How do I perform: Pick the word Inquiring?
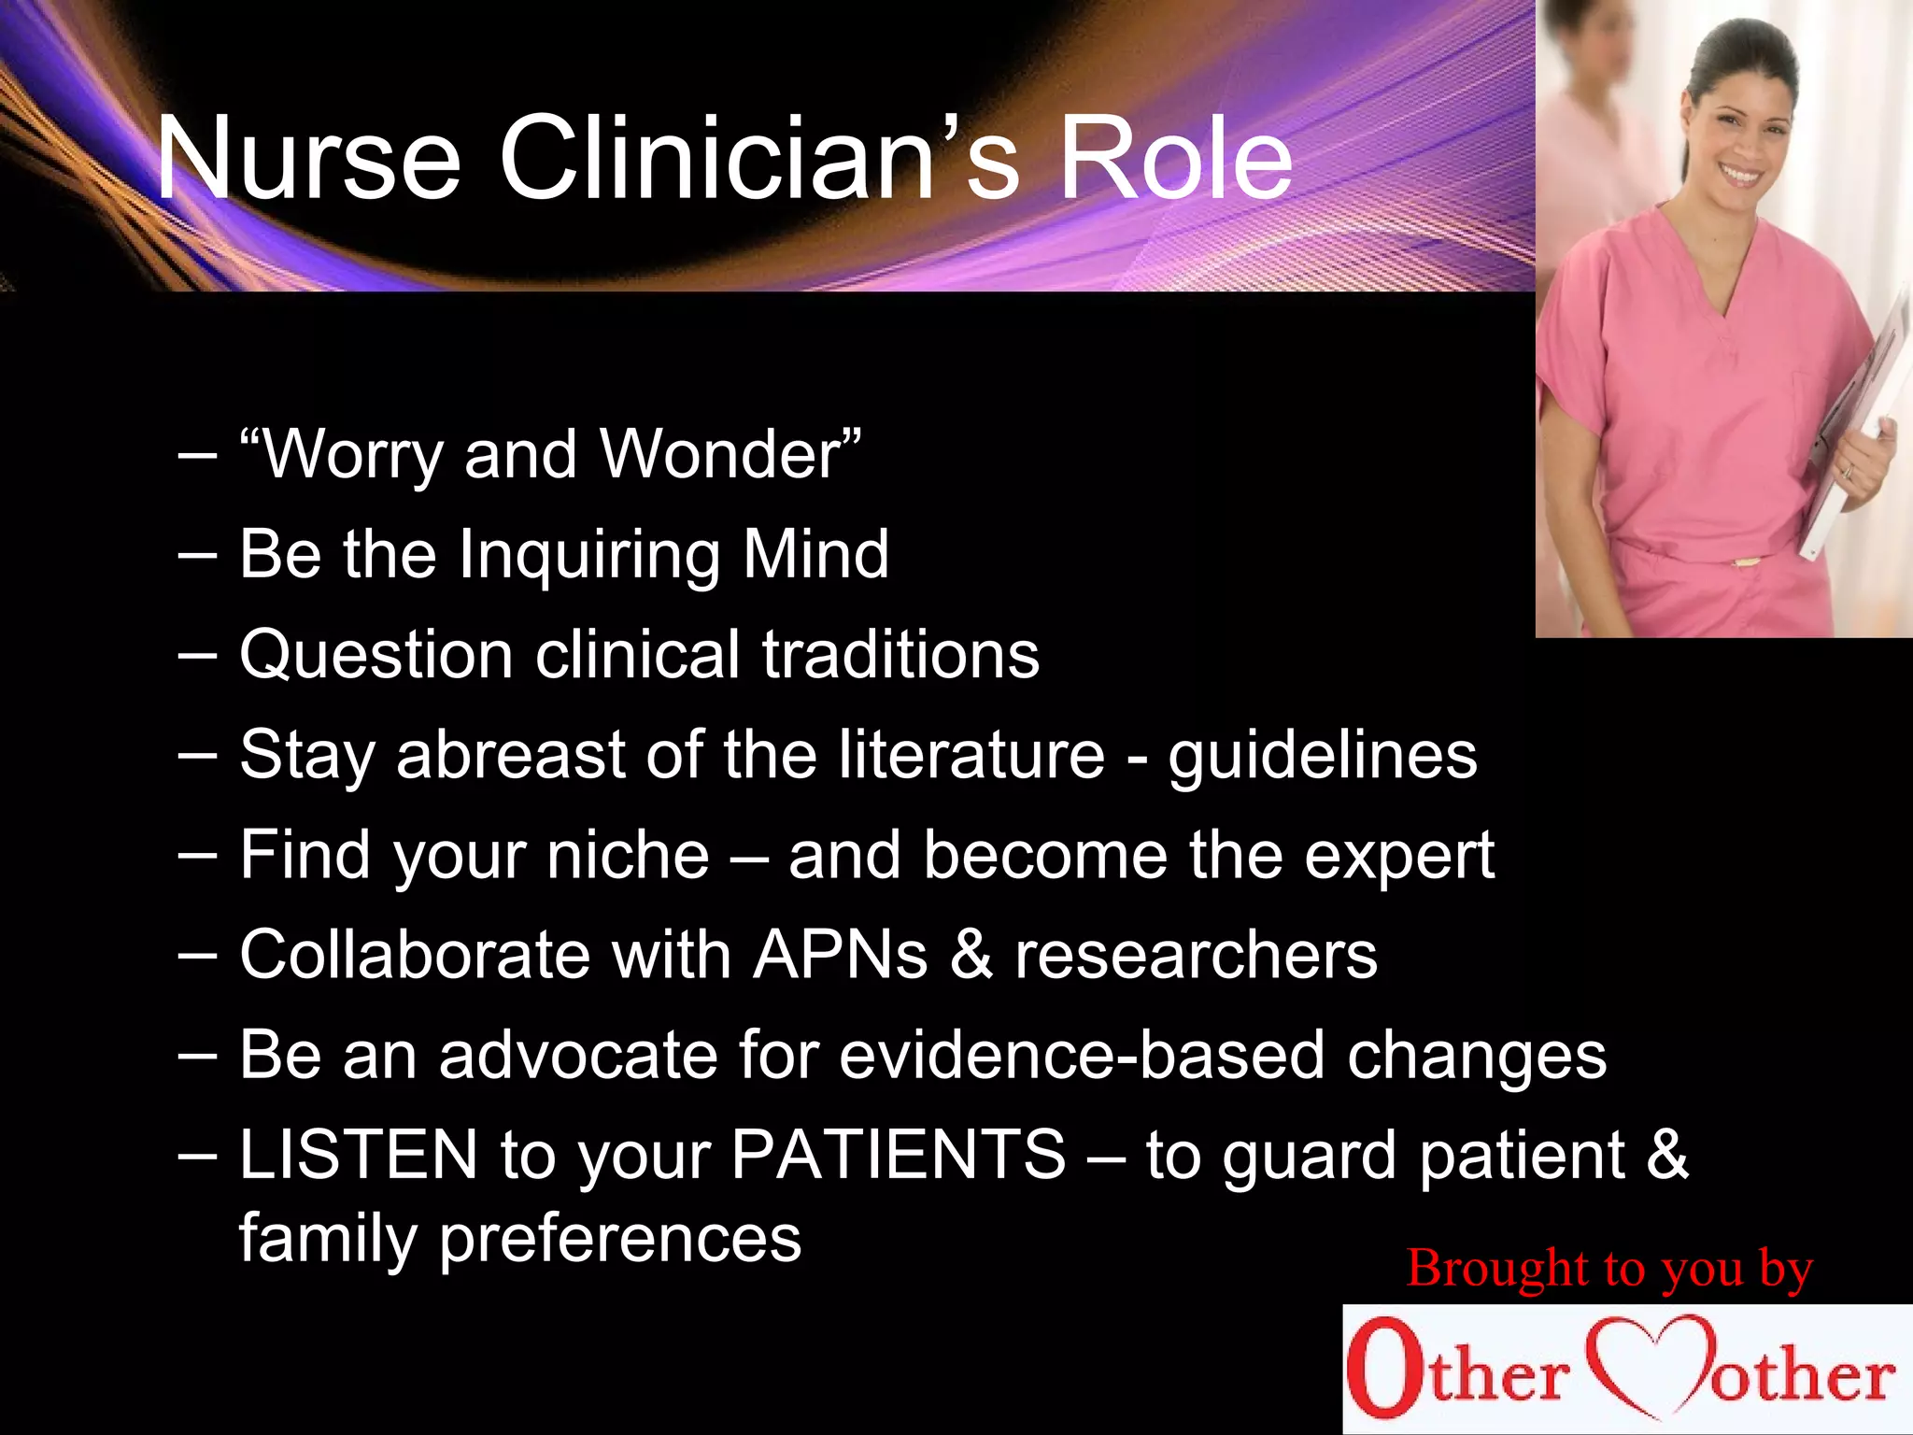588,555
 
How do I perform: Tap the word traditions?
900,654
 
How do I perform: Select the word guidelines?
1323,755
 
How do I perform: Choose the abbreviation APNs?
841,955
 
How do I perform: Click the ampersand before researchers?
971,955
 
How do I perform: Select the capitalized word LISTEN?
359,1155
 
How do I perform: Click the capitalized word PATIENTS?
898,1155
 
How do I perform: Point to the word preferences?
620,1239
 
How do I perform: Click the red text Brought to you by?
1608,1269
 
